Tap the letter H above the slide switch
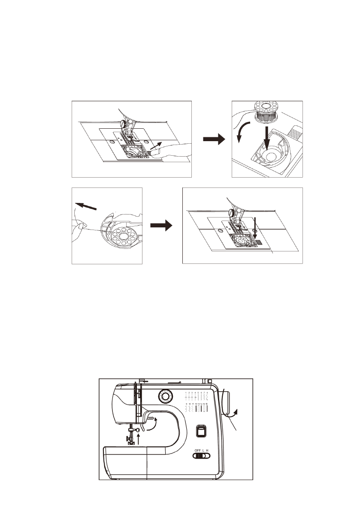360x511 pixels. coord(207,450)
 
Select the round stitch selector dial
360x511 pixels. coord(165,396)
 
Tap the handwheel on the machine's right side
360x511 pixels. coord(227,403)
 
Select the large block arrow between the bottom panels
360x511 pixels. coord(162,225)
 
